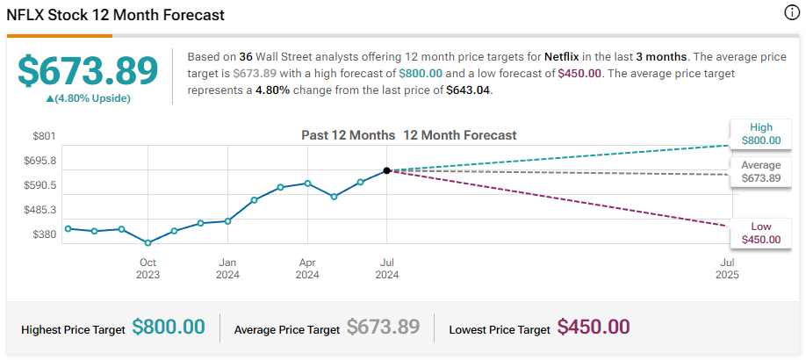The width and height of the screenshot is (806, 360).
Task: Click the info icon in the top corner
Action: (790, 13)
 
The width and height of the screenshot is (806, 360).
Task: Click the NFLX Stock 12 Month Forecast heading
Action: (115, 16)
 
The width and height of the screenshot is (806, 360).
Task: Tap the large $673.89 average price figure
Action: (88, 71)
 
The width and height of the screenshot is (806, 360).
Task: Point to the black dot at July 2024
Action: (387, 170)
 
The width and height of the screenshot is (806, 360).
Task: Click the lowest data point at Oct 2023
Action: (148, 243)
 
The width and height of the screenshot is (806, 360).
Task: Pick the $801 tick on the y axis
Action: (44, 136)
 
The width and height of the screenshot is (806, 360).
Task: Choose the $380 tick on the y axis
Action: (44, 234)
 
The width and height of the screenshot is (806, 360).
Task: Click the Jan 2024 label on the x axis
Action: (227, 268)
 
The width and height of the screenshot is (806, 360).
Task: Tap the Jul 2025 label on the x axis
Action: (727, 268)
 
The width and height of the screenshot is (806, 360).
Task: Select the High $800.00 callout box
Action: (760, 134)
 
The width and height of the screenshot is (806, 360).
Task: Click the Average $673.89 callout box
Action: (760, 172)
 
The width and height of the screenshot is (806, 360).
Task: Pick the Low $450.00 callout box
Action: (760, 233)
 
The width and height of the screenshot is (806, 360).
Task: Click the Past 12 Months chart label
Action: (348, 135)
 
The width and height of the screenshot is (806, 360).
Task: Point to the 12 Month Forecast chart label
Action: (460, 135)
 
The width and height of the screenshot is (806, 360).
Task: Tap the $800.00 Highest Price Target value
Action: (169, 328)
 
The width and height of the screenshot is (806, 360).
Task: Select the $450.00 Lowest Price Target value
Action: (594, 328)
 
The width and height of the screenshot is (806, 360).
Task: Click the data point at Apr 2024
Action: (307, 184)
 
